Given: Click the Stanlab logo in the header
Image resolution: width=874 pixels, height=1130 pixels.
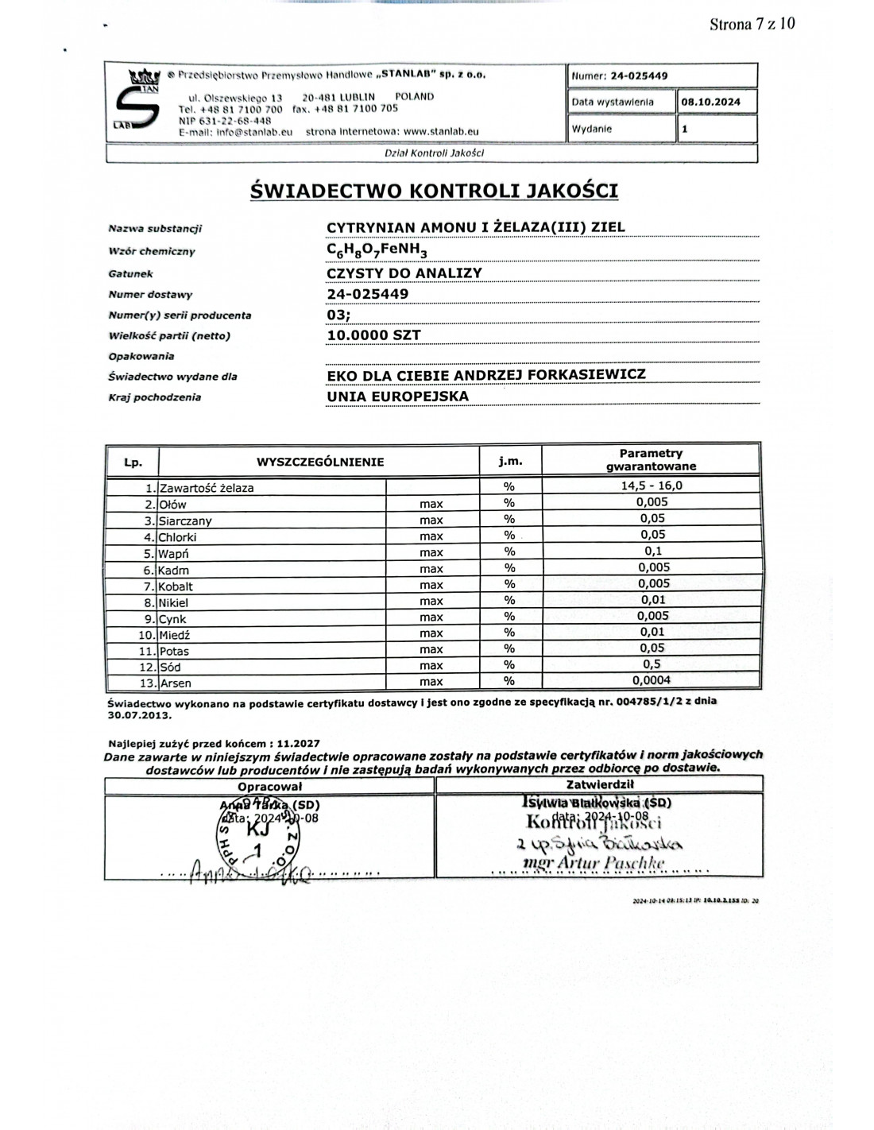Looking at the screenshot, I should pos(136,102).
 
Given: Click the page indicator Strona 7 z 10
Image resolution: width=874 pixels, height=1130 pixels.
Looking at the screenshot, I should pos(751,24).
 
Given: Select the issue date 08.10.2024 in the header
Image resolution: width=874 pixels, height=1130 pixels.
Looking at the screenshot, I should pos(710,102).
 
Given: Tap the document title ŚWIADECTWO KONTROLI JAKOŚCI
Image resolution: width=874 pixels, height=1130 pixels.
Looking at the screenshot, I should pos(434,191).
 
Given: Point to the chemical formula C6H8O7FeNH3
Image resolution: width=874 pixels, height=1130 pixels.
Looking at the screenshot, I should pos(377,251).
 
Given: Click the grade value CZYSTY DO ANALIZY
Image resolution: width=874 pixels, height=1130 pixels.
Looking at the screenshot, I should pos(404,273).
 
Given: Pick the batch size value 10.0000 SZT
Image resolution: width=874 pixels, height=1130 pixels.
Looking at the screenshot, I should pos(373,335).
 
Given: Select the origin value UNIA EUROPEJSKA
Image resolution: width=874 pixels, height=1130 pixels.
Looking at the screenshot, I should pos(397,396).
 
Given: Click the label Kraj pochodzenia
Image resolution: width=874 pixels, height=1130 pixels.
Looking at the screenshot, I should pos(154,397).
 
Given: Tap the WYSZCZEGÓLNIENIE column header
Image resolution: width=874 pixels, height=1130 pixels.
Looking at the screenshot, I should pos(319,462).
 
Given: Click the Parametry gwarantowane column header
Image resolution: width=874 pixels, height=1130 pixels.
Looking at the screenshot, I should pos(651,460).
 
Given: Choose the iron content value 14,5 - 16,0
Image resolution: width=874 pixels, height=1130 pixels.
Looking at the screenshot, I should pos(652,486).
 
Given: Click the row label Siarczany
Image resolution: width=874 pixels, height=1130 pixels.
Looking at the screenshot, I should pos(184,521).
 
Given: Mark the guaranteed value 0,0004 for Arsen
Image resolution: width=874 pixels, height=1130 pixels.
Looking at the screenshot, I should pos(652,680).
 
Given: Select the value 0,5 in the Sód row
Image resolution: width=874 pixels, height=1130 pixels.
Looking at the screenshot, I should pos(652,664).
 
